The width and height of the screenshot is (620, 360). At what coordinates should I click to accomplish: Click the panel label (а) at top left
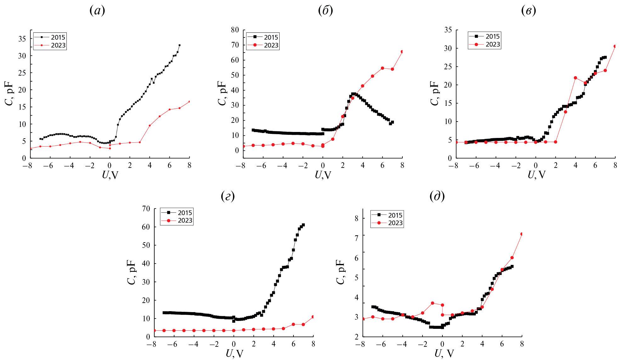pyautogui.click(x=97, y=11)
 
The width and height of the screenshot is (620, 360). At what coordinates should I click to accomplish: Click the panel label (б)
pyautogui.click(x=325, y=11)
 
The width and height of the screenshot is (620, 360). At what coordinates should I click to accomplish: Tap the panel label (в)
pyautogui.click(x=529, y=11)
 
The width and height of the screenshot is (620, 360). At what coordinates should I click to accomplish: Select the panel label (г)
pyautogui.click(x=228, y=197)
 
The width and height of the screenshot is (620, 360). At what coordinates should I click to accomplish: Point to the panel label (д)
pyautogui.click(x=437, y=197)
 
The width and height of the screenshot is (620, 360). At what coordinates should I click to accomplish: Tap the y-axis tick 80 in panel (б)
pyautogui.click(x=235, y=30)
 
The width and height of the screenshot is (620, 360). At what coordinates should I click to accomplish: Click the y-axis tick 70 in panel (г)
pyautogui.click(x=146, y=209)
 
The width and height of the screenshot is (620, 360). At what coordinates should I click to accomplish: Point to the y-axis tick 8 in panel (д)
pyautogui.click(x=356, y=218)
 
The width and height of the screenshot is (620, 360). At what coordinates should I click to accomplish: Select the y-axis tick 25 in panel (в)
pyautogui.click(x=448, y=66)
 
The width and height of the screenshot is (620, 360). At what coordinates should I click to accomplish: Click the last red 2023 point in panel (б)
pyautogui.click(x=402, y=52)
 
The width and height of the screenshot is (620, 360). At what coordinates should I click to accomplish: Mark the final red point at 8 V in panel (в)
pyautogui.click(x=615, y=46)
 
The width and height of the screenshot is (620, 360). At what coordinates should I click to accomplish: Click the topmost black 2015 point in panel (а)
pyautogui.click(x=179, y=45)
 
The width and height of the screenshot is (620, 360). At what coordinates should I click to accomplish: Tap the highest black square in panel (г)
pyautogui.click(x=303, y=225)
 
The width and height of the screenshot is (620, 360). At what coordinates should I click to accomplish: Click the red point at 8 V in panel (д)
pyautogui.click(x=522, y=234)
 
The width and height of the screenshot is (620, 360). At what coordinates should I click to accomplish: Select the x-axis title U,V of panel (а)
pyautogui.click(x=110, y=175)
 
